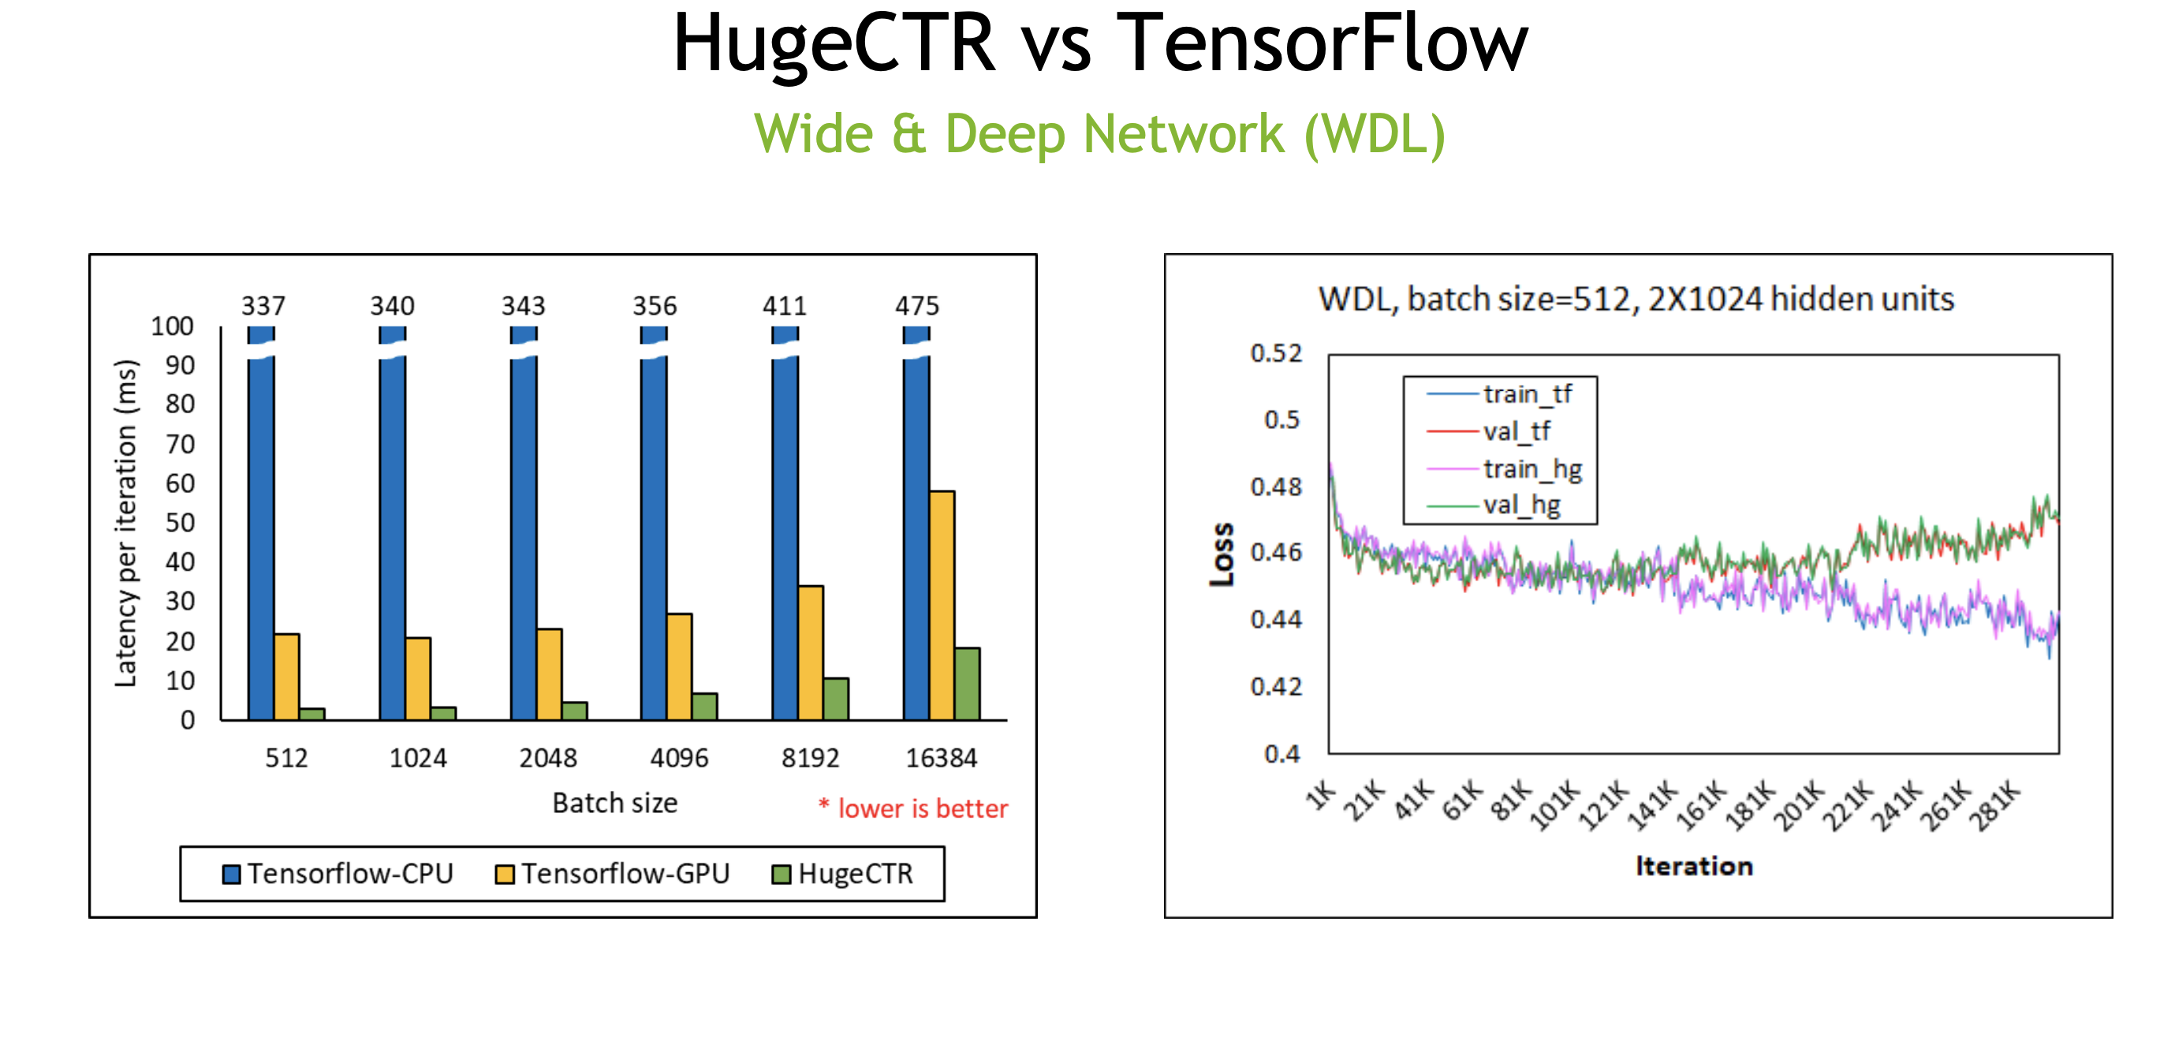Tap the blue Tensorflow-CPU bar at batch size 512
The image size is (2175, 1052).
[x=261, y=540]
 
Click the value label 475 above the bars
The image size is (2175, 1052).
[x=917, y=306]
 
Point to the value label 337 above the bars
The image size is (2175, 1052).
[x=263, y=306]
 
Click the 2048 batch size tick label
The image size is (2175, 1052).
[x=548, y=758]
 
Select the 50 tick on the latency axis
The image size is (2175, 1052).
[x=180, y=523]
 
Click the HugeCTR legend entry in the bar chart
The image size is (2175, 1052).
[x=843, y=874]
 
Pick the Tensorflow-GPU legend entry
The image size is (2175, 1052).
[x=613, y=874]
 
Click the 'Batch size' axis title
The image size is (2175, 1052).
[x=614, y=803]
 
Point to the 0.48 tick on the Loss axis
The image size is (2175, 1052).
[x=1276, y=487]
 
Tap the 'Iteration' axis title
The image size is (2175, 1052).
[x=1694, y=866]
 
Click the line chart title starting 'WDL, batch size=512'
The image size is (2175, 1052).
[x=1636, y=299]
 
